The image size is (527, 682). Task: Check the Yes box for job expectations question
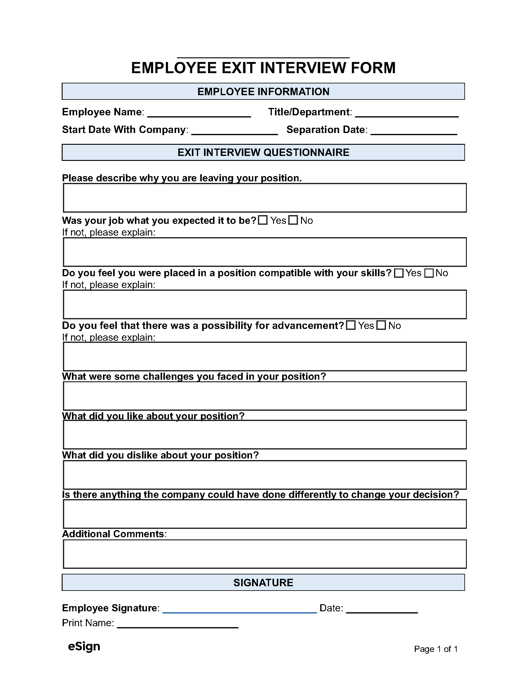pos(263,220)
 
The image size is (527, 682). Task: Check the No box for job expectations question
pos(293,220)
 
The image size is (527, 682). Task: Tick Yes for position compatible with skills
pos(398,273)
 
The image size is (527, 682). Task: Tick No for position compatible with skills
pos(429,273)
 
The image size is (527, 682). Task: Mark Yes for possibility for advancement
pos(351,325)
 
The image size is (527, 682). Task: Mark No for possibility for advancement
pos(381,325)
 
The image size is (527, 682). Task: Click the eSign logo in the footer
pos(84,646)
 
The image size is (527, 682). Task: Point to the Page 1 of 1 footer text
pos(436,649)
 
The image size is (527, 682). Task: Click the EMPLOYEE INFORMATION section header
pos(263,91)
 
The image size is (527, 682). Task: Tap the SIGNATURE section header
pos(263,582)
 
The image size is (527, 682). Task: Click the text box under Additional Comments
pos(265,554)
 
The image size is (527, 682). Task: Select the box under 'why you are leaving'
pos(265,198)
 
